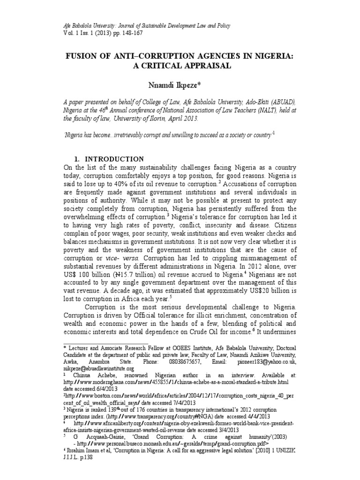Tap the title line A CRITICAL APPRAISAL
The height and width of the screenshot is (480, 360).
180,66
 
